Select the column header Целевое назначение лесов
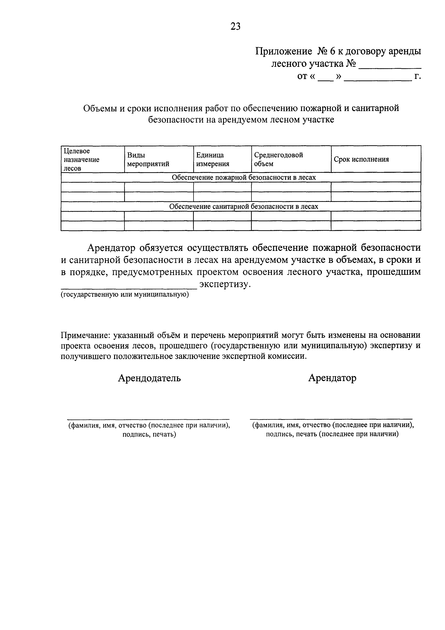pos(81,160)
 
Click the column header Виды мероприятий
pos(148,160)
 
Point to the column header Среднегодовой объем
pos(278,159)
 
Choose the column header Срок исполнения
pos(361,159)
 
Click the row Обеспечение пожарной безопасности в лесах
pos(243,178)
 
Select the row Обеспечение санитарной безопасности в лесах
pos(243,206)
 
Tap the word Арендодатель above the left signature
pos(149,378)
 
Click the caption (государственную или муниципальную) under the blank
pos(125,294)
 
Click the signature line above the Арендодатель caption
pos(148,419)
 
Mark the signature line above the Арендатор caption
pos(331,419)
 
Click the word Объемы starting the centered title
pos(100,108)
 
